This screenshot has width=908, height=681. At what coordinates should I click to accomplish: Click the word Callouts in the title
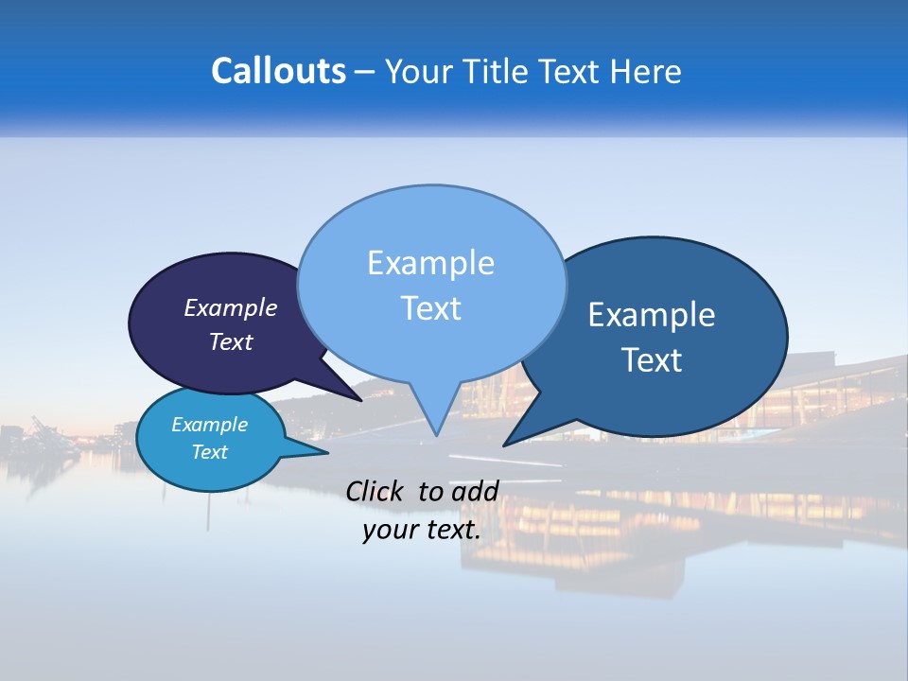point(278,71)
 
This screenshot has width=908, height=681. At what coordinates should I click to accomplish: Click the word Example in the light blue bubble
point(430,263)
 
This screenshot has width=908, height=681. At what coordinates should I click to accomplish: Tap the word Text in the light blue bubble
point(430,308)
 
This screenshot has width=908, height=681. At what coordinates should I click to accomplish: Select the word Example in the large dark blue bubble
point(652,315)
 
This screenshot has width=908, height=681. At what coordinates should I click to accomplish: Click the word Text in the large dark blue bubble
point(652,360)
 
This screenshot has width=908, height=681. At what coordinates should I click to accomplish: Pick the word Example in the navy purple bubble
point(231,308)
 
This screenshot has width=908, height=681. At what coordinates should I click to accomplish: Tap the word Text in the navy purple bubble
point(231,342)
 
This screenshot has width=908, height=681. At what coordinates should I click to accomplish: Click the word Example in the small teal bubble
point(209,425)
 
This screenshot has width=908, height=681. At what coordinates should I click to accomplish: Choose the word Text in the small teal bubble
point(209,452)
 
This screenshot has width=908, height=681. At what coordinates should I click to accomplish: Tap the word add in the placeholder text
point(474,492)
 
